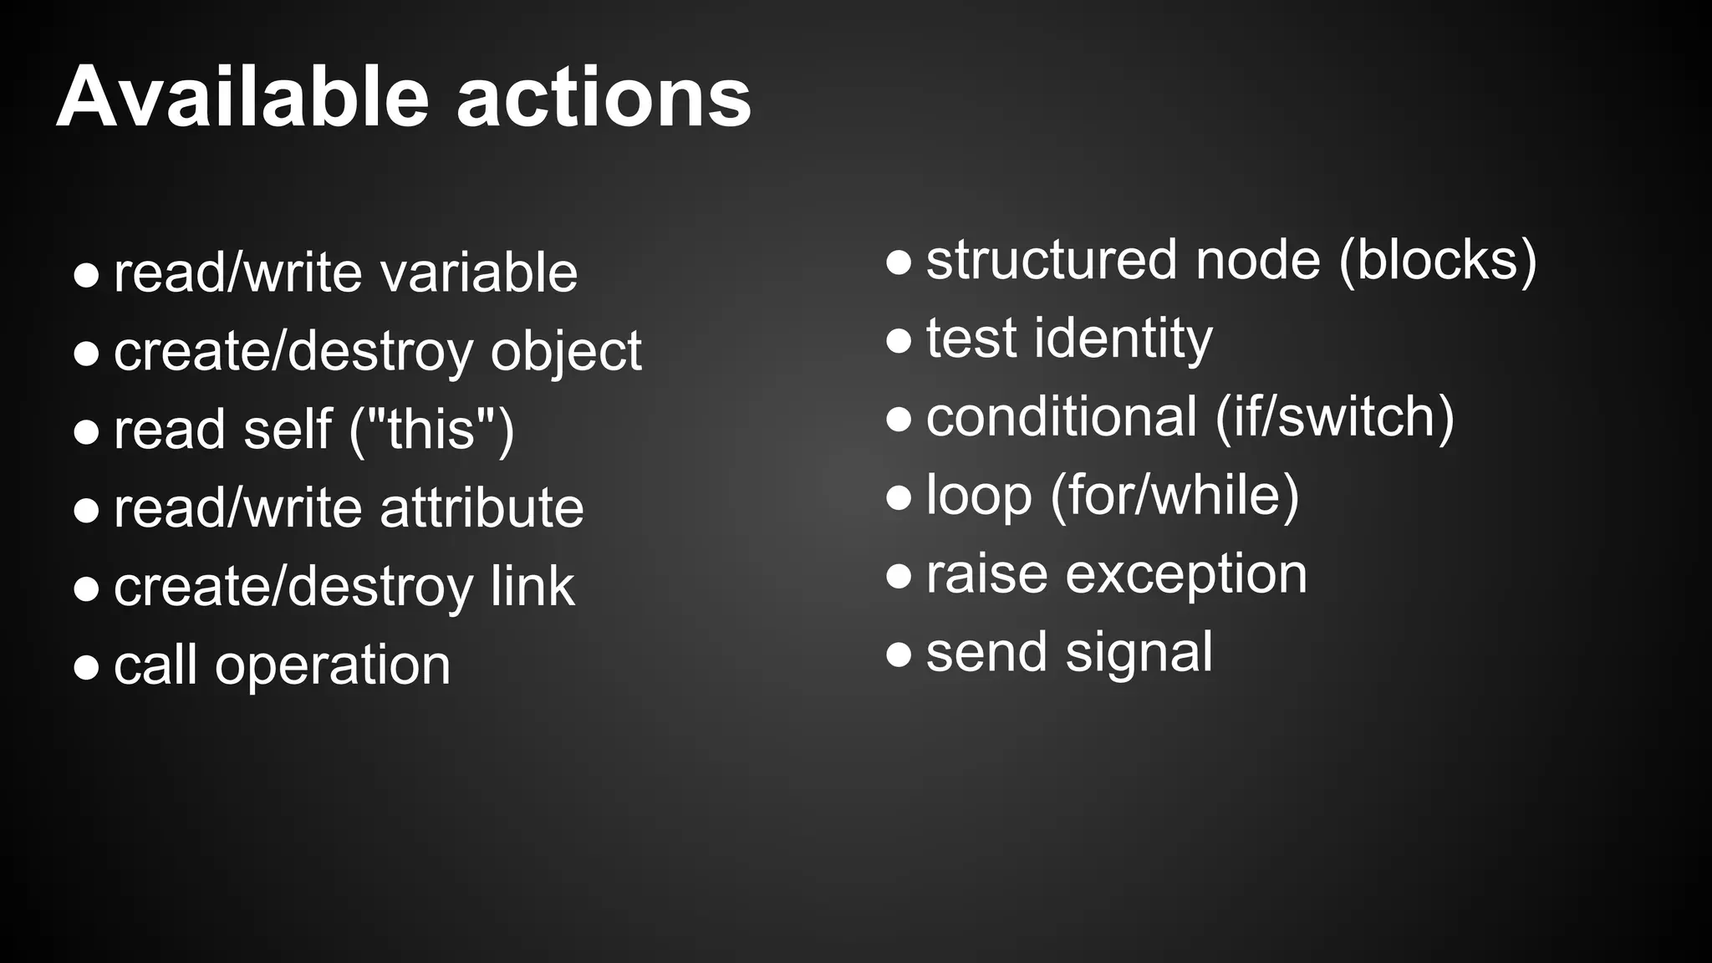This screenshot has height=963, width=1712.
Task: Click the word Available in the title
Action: (242, 98)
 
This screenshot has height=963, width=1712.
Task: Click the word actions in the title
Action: (604, 99)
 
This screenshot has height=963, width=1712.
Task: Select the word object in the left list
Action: (566, 352)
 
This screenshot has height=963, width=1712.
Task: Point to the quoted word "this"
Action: (431, 430)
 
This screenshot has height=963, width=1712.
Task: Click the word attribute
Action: (481, 508)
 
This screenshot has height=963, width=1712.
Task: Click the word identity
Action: (1123, 339)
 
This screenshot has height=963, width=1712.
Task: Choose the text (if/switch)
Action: (1334, 417)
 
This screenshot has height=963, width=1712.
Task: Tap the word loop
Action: (979, 496)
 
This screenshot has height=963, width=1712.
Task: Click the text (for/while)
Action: (1174, 496)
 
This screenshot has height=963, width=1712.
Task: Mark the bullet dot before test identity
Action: (899, 340)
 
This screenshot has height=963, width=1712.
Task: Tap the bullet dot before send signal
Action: (899, 655)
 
